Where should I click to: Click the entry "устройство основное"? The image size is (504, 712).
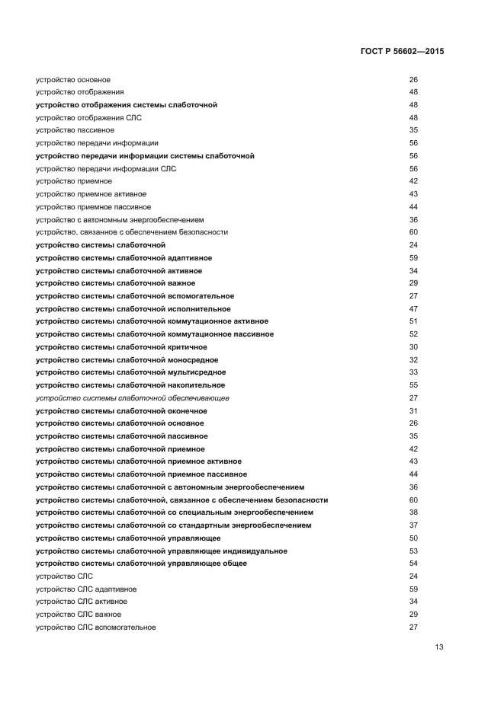pos(73,79)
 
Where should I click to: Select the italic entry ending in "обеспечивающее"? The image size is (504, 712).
pos(133,398)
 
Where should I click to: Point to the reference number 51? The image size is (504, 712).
pos(414,321)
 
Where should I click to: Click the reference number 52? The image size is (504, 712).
pos(414,334)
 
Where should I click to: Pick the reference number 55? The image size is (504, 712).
pos(414,385)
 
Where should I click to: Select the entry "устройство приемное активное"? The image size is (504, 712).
pos(91,194)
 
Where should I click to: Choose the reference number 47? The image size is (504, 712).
pos(414,308)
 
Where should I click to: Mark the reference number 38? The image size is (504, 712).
pos(414,512)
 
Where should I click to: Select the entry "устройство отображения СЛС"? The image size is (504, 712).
pos(88,117)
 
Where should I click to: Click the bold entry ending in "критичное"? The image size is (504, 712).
pos(121,347)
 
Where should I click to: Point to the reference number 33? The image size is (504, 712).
pos(414,372)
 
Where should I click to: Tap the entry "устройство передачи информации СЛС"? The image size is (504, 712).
pos(106,168)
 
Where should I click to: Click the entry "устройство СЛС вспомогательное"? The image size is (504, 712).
pos(95,627)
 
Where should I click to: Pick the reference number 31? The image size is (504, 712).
pos(414,410)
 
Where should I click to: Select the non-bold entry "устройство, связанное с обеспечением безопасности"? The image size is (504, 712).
pos(132,232)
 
